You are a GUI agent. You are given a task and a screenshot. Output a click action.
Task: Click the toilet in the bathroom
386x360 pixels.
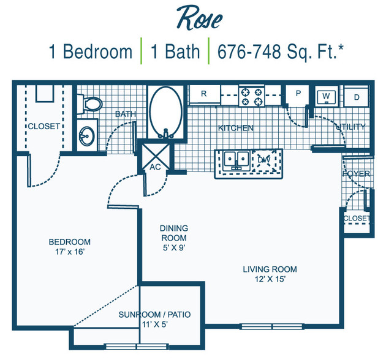click(x=89, y=104)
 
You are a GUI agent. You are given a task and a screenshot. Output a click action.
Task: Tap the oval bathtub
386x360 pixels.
click(x=165, y=112)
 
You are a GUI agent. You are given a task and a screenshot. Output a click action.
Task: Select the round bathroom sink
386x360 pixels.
click(x=86, y=136)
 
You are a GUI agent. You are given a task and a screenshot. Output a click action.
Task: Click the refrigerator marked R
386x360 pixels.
click(x=204, y=94)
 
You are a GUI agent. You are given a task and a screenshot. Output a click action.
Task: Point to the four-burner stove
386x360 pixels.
click(x=251, y=96)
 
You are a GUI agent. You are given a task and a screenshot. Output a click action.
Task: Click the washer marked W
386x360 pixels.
click(x=326, y=97)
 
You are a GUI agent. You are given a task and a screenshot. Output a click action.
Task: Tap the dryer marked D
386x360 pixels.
click(x=356, y=97)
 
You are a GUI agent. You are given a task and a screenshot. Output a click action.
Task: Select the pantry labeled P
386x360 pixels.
click(x=298, y=94)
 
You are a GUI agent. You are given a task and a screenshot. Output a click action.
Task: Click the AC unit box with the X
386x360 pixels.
click(x=156, y=157)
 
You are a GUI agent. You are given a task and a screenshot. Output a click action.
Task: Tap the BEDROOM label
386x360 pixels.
click(x=70, y=242)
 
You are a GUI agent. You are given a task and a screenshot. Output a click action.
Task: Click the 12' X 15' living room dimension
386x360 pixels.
click(x=270, y=279)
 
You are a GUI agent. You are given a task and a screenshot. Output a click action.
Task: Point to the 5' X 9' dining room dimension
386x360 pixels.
click(x=174, y=248)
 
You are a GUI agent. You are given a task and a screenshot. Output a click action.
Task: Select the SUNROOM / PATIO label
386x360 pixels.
click(x=154, y=315)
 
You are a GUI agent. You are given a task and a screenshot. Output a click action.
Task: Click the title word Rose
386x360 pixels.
click(x=199, y=18)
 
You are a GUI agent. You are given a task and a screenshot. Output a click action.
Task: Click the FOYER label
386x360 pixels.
click(x=356, y=174)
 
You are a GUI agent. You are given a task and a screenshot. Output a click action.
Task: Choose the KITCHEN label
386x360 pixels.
click(x=236, y=128)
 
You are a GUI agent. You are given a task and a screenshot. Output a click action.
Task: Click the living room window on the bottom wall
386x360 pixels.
click(x=272, y=326)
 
